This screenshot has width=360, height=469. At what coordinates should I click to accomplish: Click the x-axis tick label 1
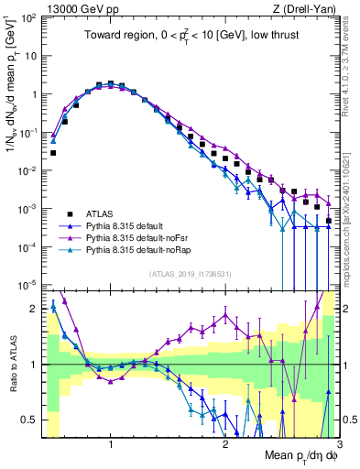pyautogui.click(x=110, y=444)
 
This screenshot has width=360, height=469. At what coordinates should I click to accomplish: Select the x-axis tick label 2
pyautogui.click(x=224, y=444)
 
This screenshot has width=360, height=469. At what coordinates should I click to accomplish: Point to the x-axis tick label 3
pyautogui.click(x=338, y=444)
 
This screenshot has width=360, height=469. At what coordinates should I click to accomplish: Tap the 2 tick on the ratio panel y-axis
pyautogui.click(x=35, y=309)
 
